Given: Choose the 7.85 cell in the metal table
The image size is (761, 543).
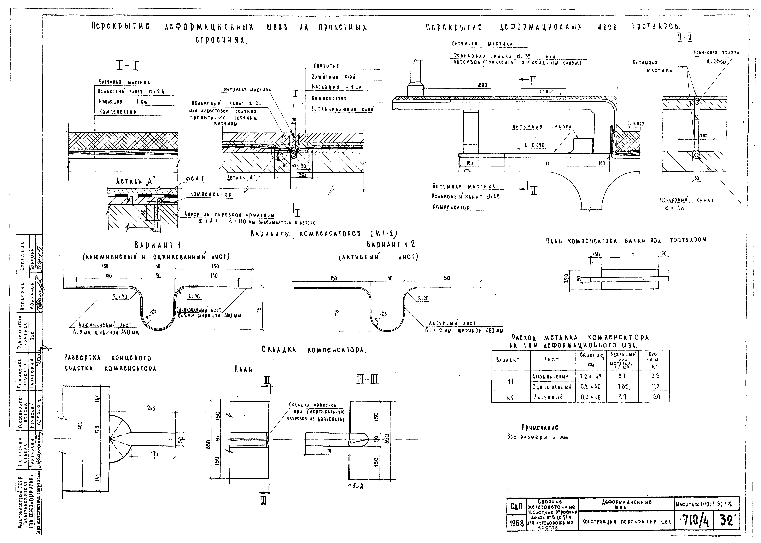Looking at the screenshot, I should click(622, 387).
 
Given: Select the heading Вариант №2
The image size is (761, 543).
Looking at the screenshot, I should click(391, 244).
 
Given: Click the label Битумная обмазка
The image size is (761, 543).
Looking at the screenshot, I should click(542, 127).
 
